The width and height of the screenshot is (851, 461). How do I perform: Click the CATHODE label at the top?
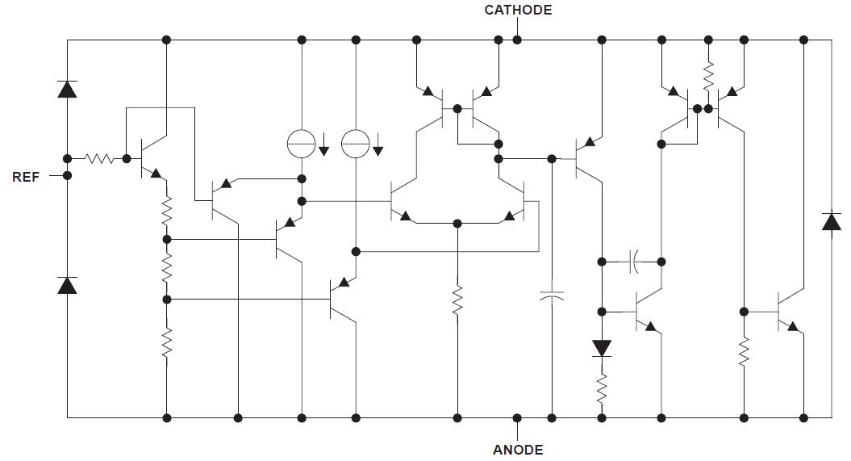pos(518,10)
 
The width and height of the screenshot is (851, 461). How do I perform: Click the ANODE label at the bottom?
pos(518,450)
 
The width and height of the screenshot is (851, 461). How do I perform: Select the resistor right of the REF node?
pos(100,158)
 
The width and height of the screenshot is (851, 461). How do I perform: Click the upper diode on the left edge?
pos(67,89)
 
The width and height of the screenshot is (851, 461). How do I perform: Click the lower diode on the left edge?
pos(67,284)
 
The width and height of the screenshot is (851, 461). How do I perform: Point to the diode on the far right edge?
pos(831,221)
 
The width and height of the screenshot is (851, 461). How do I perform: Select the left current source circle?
pos(302,144)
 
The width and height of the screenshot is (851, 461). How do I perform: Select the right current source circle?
pos(355,144)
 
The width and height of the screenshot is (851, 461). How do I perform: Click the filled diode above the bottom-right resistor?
pos(602,348)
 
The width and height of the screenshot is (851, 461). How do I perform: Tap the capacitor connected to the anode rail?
pos(552,296)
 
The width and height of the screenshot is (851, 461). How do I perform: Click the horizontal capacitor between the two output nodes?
pos(634,262)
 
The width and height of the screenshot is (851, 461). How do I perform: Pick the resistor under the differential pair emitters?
pos(457,300)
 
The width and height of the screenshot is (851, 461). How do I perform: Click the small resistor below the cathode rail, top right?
pos(708,78)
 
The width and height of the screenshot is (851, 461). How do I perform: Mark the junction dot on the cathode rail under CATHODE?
pos(517,40)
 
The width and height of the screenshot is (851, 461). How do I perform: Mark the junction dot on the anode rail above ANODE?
pos(517,417)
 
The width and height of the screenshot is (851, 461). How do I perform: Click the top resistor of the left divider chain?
pos(167,212)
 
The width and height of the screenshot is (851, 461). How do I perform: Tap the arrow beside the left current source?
pos(323,146)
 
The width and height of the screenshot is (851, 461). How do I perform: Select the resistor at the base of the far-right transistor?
pos(744,352)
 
